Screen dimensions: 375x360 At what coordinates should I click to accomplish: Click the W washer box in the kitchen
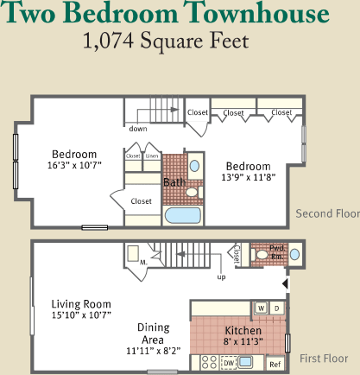coord(259,308)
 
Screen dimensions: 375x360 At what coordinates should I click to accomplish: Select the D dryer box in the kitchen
coord(276,308)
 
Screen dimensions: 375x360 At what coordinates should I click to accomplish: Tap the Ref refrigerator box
coord(275,365)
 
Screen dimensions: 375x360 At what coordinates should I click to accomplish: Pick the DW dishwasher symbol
coord(229,364)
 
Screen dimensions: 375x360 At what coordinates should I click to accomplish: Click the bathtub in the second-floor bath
coord(180,216)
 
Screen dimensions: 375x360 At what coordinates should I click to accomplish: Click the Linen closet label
coord(152,156)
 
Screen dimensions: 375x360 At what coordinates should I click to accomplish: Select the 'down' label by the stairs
coord(138,129)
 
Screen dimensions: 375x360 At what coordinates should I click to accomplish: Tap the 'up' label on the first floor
coord(221,277)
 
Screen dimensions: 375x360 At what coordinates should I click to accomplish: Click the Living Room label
coord(81,303)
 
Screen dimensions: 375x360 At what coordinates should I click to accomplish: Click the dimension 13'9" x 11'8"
coord(249,178)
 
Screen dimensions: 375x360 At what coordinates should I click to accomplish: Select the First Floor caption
coord(324,359)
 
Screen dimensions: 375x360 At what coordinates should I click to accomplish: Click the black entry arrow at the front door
coord(287,283)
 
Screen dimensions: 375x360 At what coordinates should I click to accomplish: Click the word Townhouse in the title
coord(254,15)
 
